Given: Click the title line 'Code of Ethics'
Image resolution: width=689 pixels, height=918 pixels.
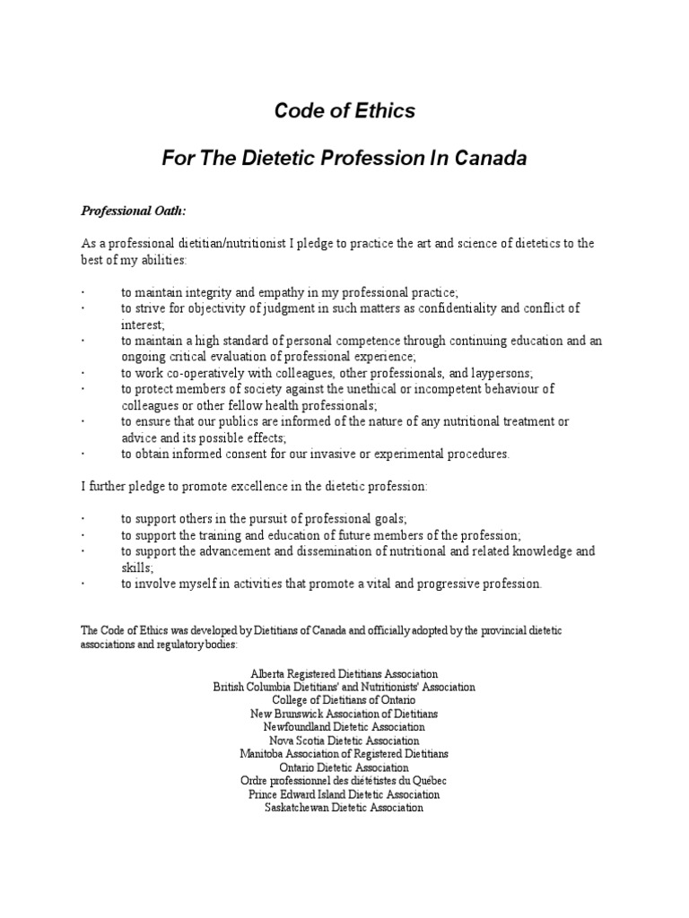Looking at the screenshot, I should point(344,111).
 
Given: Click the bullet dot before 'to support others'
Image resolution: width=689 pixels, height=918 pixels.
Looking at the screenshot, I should point(83,519).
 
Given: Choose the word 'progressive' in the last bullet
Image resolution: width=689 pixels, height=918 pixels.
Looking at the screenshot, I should point(440,584).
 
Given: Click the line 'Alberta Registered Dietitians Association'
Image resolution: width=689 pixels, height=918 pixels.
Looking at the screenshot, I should point(344,673).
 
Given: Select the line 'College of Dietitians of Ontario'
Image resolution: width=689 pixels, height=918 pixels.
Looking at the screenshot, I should point(344,700).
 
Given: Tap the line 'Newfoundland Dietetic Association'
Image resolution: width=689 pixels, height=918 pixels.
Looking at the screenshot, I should point(344,727).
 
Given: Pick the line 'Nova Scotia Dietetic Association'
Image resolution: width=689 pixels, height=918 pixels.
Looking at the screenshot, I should point(344,740).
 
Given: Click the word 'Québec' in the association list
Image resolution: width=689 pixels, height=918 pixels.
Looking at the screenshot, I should point(425,781).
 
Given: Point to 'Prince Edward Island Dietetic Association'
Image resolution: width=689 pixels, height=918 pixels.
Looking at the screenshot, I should point(344,794).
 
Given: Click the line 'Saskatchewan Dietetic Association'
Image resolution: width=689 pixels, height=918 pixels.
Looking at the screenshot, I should point(344,808).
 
